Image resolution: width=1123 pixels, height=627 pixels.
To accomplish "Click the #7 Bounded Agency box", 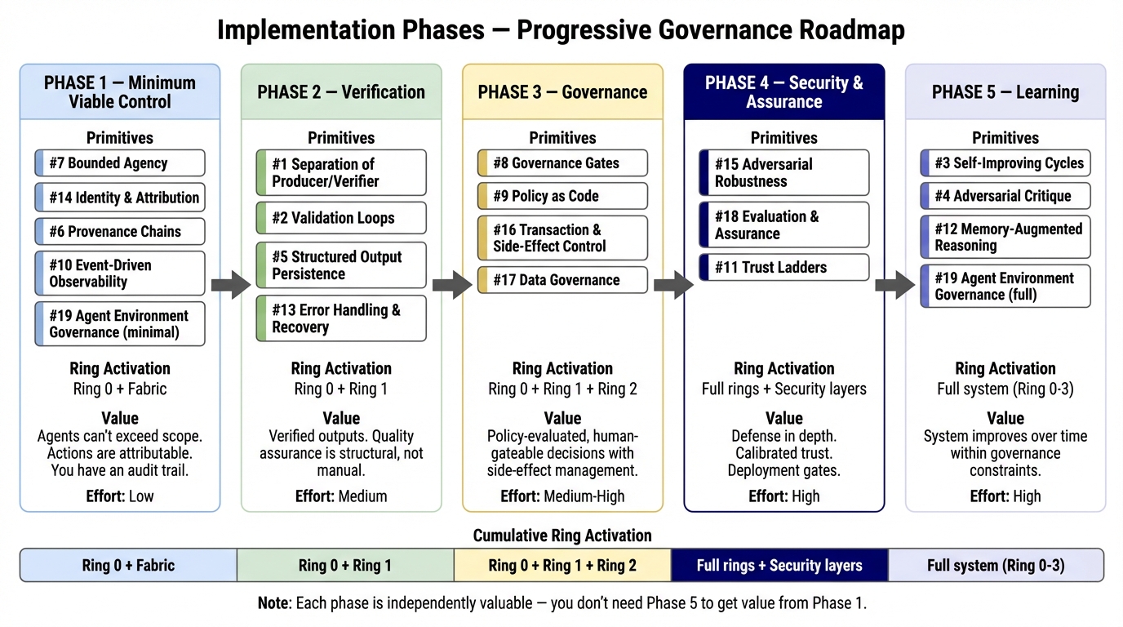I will [x=120, y=163].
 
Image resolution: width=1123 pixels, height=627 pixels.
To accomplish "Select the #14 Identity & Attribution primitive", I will [x=120, y=198].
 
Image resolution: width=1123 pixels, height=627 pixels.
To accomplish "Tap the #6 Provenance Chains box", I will [x=120, y=232].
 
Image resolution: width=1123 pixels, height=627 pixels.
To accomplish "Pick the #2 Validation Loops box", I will [x=341, y=218].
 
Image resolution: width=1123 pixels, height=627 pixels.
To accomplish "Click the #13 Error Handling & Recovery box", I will [x=341, y=318].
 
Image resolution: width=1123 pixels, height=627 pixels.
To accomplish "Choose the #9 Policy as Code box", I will [x=562, y=197].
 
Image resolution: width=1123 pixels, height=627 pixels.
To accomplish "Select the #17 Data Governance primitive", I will [x=562, y=280].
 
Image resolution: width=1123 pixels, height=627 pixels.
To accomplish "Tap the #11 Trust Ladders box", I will [x=784, y=267].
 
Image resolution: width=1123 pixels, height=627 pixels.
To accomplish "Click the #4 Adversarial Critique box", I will [x=1005, y=196].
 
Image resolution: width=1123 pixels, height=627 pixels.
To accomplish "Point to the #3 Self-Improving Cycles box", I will [x=1005, y=163].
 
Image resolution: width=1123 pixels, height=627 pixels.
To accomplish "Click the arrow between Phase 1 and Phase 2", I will [x=230, y=286].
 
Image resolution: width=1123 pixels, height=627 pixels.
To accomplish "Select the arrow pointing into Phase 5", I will [x=894, y=286].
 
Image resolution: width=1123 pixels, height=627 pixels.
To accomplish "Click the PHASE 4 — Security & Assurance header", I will [x=784, y=92].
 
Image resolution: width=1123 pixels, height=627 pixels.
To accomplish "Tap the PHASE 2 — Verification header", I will [x=341, y=92].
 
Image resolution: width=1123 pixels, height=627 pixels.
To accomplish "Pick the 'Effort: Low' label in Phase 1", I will [x=120, y=496].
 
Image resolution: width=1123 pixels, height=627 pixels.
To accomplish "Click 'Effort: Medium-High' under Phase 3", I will [x=562, y=496].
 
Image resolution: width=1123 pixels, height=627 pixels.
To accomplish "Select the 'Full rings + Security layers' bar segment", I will [x=779, y=565].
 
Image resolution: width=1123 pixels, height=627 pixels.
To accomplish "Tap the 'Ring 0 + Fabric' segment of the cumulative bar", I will [x=128, y=565].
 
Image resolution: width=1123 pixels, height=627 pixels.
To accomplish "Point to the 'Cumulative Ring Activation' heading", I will [x=562, y=536].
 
